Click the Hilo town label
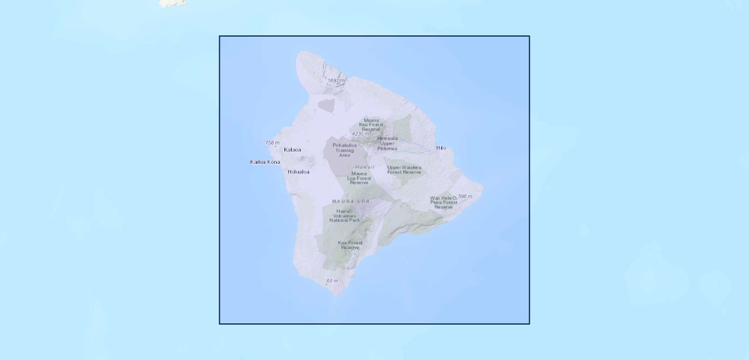point(441,148)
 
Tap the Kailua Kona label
point(265,162)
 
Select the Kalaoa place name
point(292,149)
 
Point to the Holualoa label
point(298,172)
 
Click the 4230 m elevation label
point(360,134)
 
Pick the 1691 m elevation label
point(336,80)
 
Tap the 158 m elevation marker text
point(272,143)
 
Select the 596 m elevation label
point(465,196)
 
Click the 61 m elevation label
point(332,281)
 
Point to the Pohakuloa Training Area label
point(344,150)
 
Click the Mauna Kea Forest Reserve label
point(371,124)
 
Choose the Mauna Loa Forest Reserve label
point(359,178)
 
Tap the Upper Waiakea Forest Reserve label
point(404,170)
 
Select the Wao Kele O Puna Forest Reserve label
point(444,202)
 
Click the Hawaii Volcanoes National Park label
point(344,215)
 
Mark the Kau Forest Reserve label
point(350,245)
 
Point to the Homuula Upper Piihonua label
point(387,143)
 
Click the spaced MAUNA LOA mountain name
point(351,201)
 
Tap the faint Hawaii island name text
point(365,167)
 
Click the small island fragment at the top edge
point(173,3)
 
